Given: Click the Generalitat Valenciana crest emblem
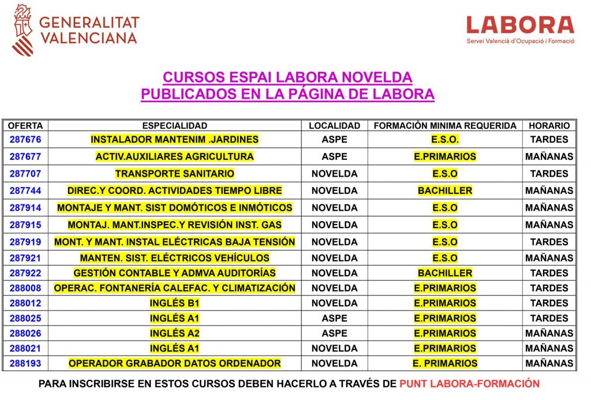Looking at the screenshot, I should (23, 29).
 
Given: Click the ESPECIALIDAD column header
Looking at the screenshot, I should (174, 125).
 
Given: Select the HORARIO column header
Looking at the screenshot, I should (549, 125).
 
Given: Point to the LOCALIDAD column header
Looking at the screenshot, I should (334, 125).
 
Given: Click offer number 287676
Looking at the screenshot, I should (25, 139).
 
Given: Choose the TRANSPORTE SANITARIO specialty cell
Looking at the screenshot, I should (174, 174).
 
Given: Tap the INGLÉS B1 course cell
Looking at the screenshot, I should (174, 303).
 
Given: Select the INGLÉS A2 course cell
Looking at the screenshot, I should (174, 333).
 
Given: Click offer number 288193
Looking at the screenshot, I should (25, 364).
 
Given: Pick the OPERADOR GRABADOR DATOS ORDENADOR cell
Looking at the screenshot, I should (174, 364).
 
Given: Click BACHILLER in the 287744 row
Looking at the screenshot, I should (444, 190).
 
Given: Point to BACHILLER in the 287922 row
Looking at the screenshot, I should (444, 273).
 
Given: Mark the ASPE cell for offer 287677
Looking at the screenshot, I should (334, 156).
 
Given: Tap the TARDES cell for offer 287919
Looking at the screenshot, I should (549, 242).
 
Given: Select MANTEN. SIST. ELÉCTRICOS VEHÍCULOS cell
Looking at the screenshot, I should (174, 258).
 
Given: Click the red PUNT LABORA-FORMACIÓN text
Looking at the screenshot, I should (469, 384).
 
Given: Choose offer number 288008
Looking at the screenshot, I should (25, 288).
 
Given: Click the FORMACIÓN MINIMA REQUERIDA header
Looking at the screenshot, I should (444, 125).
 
